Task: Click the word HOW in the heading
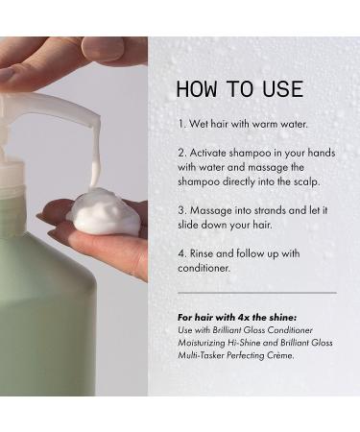(197, 90)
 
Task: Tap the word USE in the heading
(282, 90)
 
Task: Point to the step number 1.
(180, 125)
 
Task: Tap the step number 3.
(180, 207)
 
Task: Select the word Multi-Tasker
(207, 354)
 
